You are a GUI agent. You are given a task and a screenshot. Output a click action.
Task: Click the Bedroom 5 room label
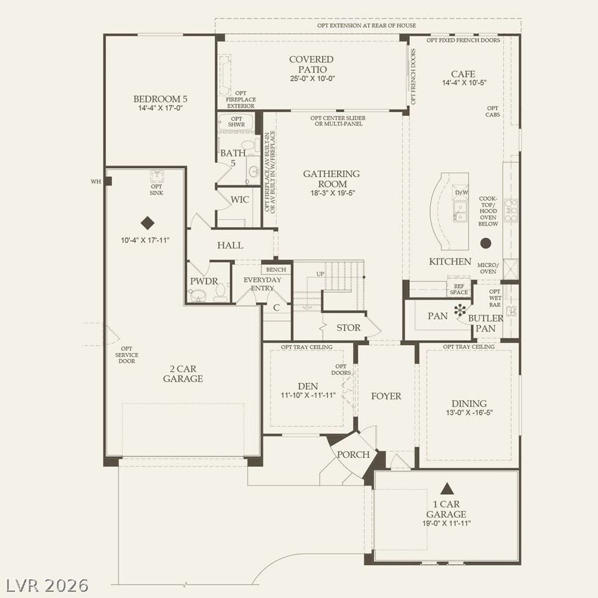point(160,99)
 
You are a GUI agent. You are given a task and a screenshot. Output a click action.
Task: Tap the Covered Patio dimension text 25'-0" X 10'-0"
point(312,78)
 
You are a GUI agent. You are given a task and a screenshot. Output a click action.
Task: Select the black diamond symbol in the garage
point(147,223)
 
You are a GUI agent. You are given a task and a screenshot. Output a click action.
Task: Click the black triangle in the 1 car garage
point(446,488)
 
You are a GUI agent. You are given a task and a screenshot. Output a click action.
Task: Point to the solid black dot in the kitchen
point(485,243)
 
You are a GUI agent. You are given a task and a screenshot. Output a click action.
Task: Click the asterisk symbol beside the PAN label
point(460,310)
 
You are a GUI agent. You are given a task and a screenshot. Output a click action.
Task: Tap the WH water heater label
point(96,181)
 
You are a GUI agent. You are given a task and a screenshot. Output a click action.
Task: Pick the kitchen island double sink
point(460,212)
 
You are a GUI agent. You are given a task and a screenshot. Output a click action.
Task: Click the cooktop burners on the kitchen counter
point(511,211)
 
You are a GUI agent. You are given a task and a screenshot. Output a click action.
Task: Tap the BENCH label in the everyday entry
point(276,270)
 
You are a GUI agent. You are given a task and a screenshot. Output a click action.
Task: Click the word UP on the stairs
point(320,274)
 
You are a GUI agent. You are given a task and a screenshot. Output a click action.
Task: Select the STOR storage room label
point(348,328)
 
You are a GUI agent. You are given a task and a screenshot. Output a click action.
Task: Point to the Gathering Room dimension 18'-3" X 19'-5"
point(333,193)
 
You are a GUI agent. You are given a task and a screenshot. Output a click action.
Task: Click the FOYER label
point(386,396)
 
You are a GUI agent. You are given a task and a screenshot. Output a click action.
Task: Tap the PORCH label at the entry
point(353,455)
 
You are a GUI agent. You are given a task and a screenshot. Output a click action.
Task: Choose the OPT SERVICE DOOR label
point(126,354)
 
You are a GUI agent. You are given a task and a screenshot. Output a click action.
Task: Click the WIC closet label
point(239,199)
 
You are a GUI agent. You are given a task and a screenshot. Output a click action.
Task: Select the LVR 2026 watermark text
point(47,586)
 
